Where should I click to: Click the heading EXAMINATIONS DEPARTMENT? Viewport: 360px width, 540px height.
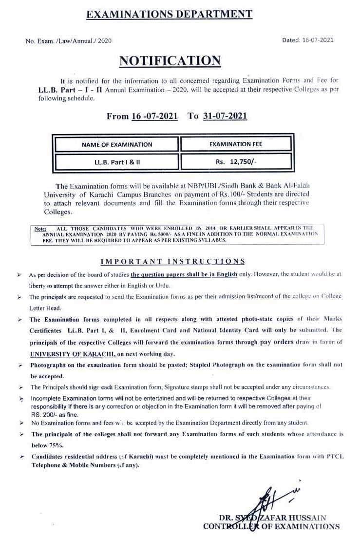169,14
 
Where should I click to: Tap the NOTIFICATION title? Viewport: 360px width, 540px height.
170,60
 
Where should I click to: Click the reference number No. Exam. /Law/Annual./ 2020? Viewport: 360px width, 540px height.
69,41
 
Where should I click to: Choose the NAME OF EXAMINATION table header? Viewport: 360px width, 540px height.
117,144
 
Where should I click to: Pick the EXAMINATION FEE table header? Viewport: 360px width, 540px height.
236,144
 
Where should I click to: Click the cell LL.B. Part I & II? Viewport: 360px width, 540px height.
117,161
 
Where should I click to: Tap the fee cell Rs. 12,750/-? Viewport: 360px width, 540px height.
236,161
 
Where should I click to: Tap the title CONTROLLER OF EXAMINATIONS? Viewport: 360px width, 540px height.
271,526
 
